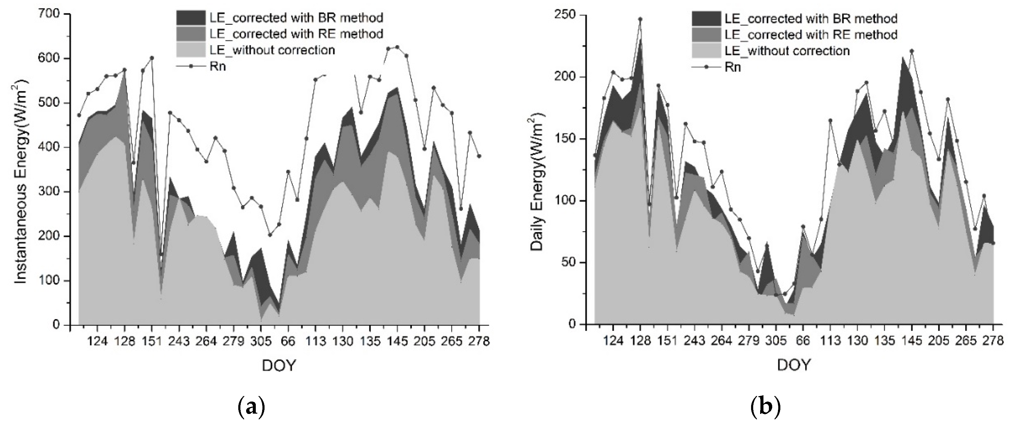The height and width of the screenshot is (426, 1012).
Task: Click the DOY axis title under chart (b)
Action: (x=794, y=365)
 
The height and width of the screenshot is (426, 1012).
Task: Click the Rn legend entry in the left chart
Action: (x=218, y=66)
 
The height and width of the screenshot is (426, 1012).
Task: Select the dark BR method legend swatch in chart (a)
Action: (x=191, y=18)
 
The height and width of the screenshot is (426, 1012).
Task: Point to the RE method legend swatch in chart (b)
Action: (x=706, y=34)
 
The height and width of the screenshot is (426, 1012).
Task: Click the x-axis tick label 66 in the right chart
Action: (x=803, y=341)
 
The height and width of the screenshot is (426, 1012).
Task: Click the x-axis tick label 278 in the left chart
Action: (x=479, y=341)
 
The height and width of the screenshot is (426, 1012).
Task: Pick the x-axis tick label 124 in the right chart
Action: (x=613, y=341)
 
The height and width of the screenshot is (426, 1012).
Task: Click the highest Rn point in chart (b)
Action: (x=640, y=19)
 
